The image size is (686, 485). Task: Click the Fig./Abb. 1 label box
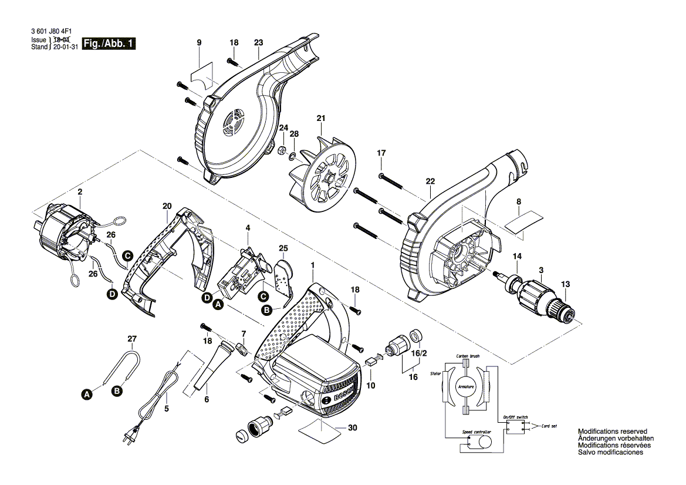click(110, 43)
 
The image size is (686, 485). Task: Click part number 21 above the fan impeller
click(320, 119)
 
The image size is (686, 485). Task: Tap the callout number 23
click(259, 42)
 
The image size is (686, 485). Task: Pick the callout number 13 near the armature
click(565, 284)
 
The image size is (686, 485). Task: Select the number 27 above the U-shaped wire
click(132, 339)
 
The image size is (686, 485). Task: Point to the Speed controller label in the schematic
click(476, 432)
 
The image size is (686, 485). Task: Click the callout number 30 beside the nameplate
click(352, 428)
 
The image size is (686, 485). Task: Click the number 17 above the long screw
click(381, 153)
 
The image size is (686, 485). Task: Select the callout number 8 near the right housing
click(518, 202)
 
